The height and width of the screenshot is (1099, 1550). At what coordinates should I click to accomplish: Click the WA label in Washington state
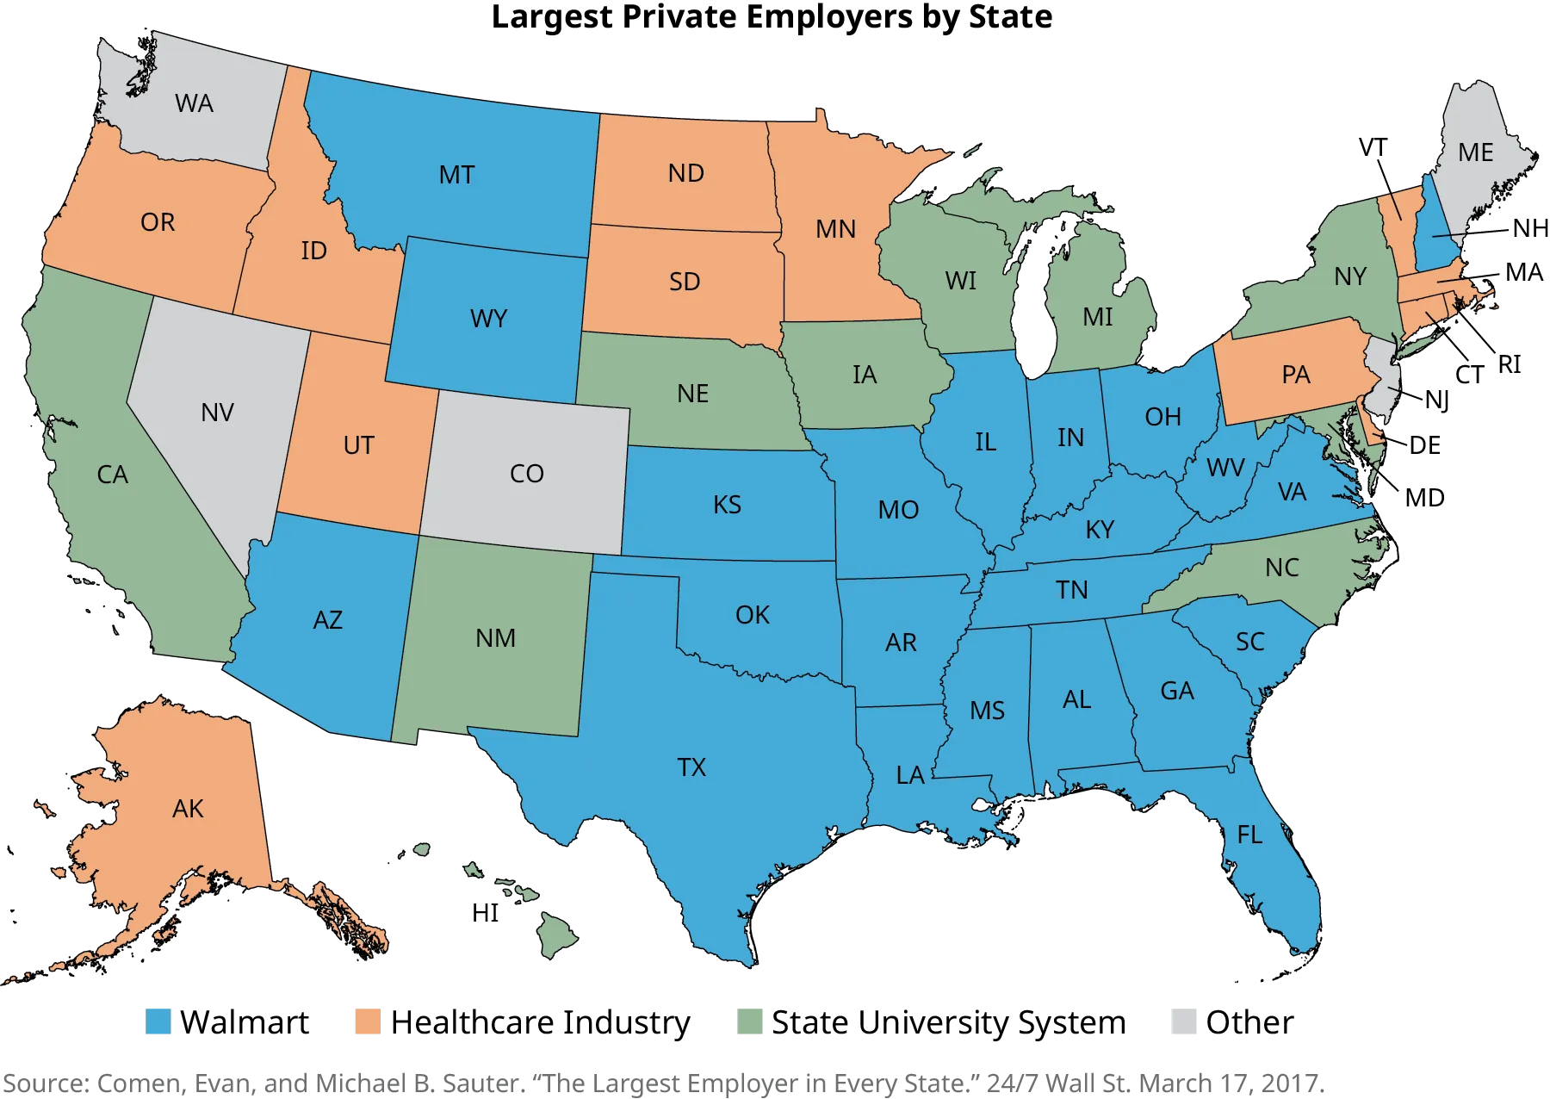tap(194, 104)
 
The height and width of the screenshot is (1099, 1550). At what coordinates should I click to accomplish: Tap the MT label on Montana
tap(456, 176)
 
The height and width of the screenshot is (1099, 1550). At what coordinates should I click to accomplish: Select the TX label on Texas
tap(691, 767)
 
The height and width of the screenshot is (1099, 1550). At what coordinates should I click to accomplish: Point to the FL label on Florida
tap(1249, 835)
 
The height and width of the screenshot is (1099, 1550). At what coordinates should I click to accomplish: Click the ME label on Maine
tap(1475, 153)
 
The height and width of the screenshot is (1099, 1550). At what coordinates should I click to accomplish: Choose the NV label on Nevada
tap(217, 413)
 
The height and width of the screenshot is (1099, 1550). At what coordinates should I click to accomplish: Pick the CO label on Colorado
tap(526, 474)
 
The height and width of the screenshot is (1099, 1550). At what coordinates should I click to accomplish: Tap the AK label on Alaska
tap(188, 809)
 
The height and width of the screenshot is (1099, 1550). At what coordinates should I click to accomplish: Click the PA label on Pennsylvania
tap(1295, 376)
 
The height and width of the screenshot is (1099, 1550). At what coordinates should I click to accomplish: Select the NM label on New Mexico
tap(495, 638)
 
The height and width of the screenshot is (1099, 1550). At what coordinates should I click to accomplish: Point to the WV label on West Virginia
tap(1224, 468)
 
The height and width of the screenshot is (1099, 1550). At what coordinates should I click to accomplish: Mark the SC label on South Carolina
tap(1249, 642)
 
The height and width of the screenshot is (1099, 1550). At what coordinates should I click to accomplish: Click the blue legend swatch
tap(158, 1022)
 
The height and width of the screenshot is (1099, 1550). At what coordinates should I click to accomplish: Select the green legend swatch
tap(751, 1022)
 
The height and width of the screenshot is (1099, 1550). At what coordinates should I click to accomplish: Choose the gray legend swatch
tap(1185, 1022)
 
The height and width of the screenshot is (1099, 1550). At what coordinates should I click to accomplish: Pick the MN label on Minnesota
tap(835, 230)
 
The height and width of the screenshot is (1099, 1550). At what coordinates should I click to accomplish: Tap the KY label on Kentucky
tap(1100, 530)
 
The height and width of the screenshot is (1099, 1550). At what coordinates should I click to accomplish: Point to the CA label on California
tap(112, 475)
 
